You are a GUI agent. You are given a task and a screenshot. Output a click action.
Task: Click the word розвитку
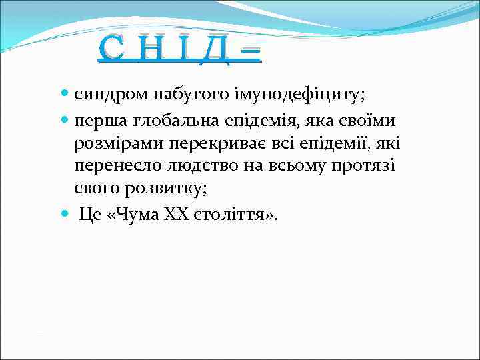[163, 189]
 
